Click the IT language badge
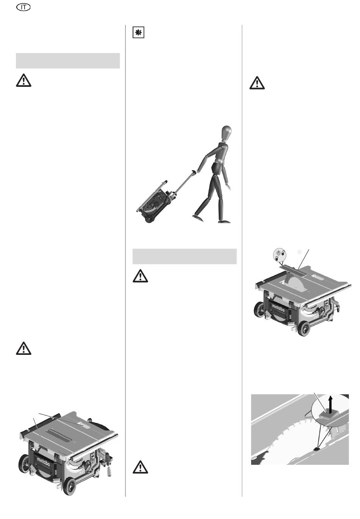(x=23, y=8)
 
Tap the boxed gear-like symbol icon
(x=138, y=33)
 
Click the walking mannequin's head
(x=226, y=132)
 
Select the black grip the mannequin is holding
(x=193, y=172)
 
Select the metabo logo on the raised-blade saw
(x=278, y=308)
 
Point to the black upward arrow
(x=331, y=404)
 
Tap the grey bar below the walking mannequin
(x=185, y=257)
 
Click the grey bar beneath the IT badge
(x=68, y=61)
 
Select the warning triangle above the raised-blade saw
(x=257, y=83)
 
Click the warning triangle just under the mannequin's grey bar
(x=140, y=276)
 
